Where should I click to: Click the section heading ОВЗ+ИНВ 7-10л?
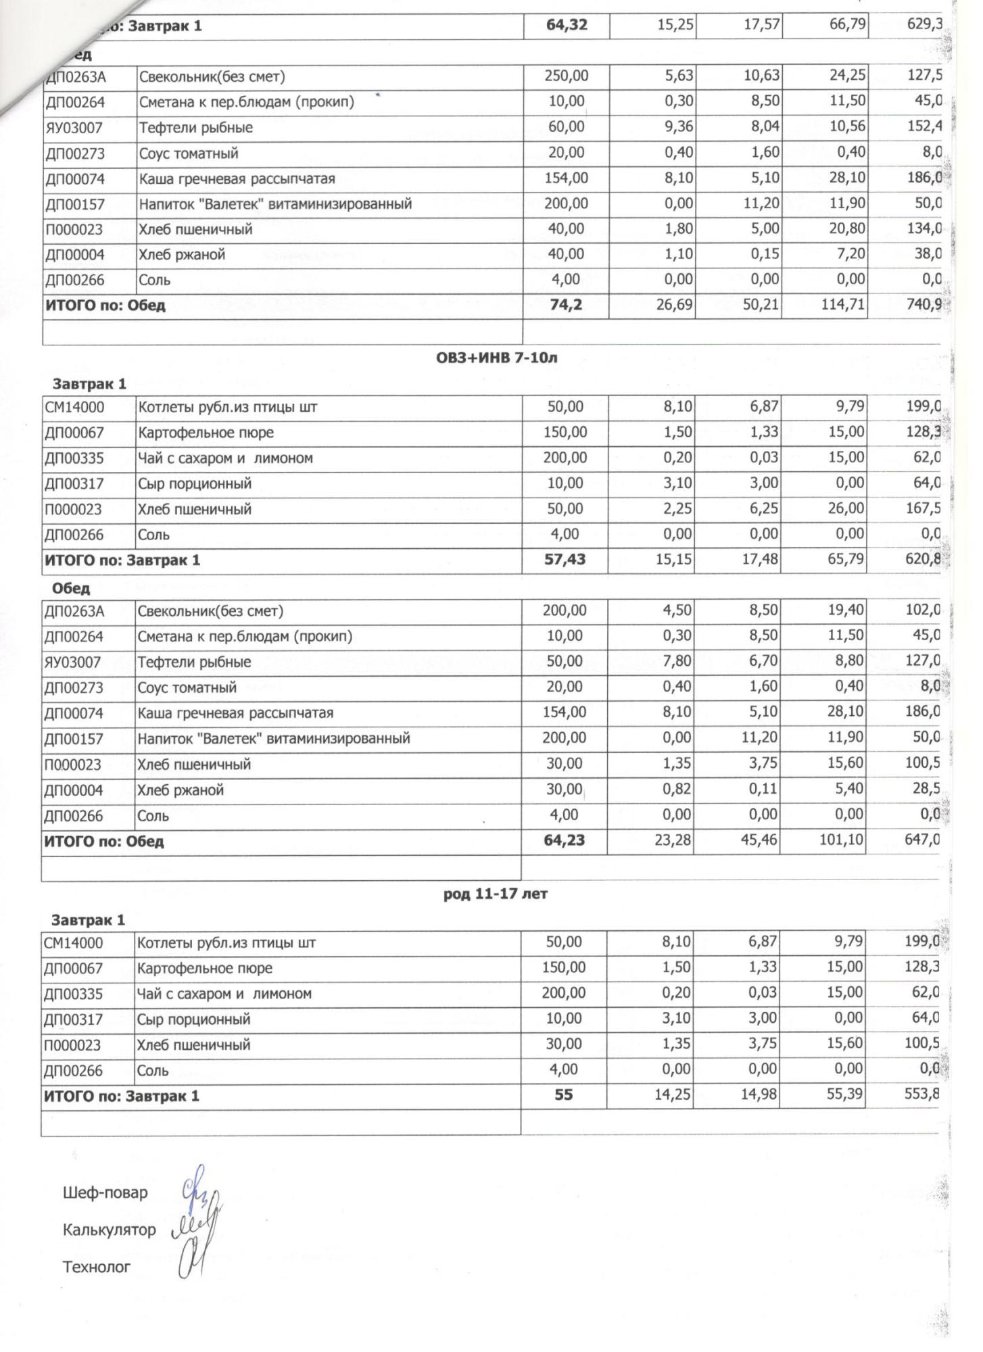tap(497, 358)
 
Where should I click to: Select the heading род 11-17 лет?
tap(495, 894)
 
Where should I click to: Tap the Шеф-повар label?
tap(105, 1192)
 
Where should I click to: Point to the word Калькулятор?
tap(109, 1230)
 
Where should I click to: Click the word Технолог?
tap(96, 1267)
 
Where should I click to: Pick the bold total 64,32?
tap(567, 25)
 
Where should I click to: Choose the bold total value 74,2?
tap(566, 305)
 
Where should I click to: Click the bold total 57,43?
tap(565, 560)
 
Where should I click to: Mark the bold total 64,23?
tap(565, 840)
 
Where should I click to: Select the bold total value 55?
tap(563, 1094)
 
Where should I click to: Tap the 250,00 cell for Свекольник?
tap(567, 76)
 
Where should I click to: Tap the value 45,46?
tap(759, 840)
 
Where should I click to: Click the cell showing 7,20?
tap(847, 254)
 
